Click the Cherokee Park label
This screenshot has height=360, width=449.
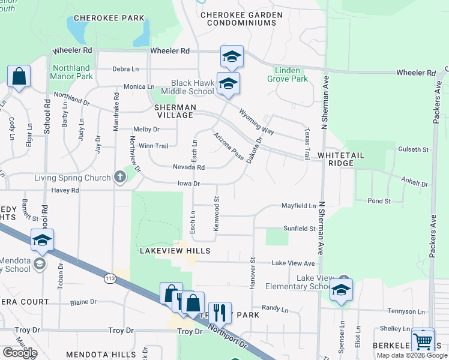110,18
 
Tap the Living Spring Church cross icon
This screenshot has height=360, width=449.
119,177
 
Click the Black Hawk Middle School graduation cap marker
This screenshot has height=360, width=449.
228,84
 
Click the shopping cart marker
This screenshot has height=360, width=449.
423,340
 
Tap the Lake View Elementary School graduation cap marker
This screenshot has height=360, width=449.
341,290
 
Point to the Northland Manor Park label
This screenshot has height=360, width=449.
72,73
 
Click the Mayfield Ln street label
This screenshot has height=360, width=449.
298,206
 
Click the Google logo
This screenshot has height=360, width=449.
20,353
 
